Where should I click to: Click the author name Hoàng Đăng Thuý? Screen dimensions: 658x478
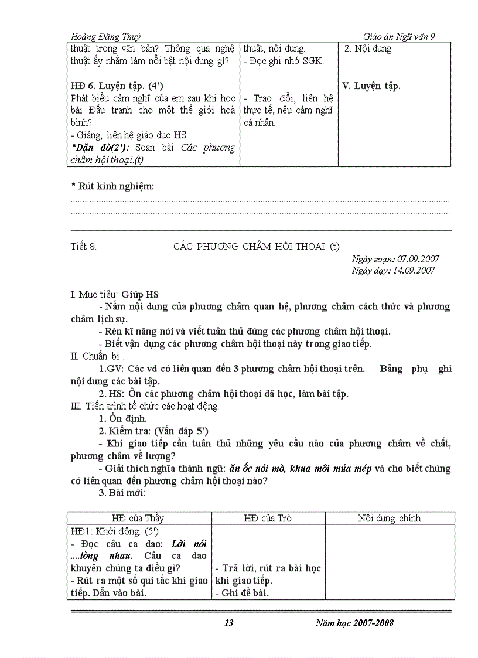[x=105, y=36]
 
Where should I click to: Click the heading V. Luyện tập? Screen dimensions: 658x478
[x=371, y=86]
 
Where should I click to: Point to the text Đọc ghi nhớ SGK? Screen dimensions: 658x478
[x=284, y=61]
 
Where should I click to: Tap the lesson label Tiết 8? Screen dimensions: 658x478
[x=84, y=247]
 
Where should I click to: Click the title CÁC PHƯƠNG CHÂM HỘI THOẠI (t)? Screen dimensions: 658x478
[x=256, y=247]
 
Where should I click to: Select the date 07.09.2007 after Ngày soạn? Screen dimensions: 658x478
[x=418, y=259]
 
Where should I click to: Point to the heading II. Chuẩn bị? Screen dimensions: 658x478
[x=97, y=356]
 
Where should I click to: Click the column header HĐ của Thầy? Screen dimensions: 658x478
[x=138, y=518]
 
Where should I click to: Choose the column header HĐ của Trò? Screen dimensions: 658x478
[x=268, y=518]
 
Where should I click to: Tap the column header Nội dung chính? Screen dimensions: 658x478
[x=390, y=518]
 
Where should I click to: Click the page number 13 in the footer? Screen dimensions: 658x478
[x=229, y=623]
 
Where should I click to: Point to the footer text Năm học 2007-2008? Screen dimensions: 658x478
[x=354, y=623]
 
